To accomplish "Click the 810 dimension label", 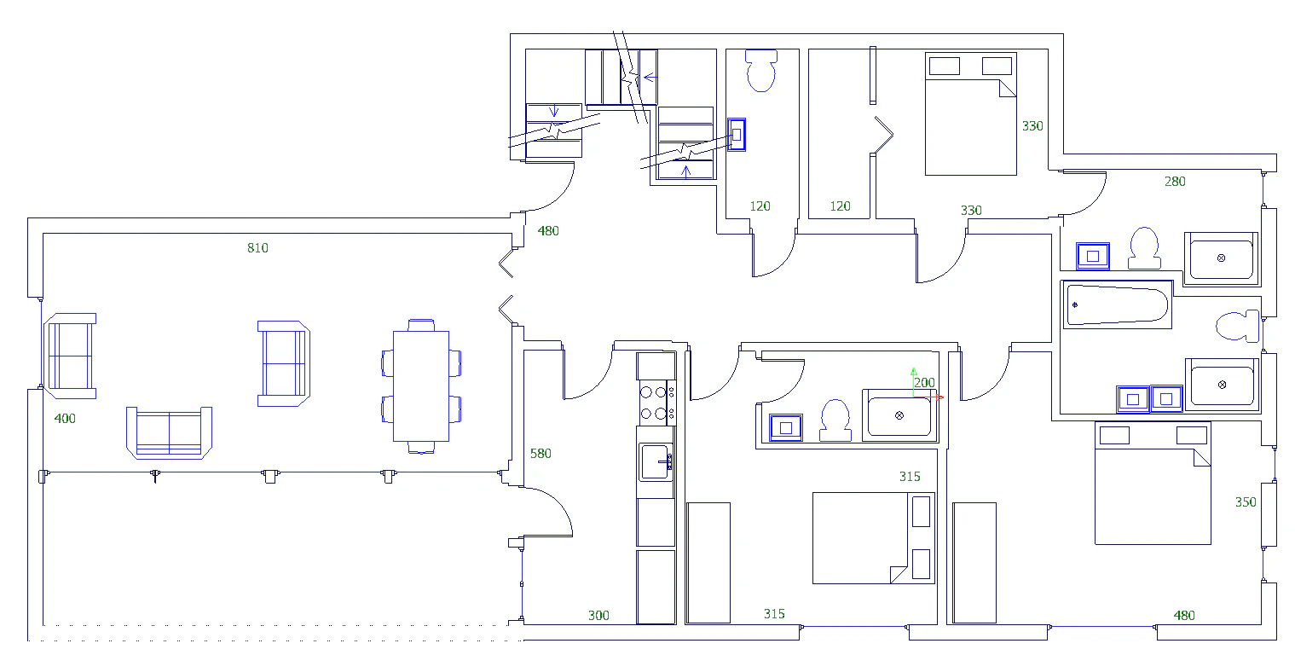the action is point(257,248).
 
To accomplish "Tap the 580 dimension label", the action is point(541,454).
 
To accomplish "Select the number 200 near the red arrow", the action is point(924,383).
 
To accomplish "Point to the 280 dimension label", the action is point(1175,182).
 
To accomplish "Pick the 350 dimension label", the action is point(1246,502).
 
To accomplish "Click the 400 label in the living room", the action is point(65,419).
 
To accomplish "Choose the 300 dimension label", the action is point(598,616).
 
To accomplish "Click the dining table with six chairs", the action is point(421,386).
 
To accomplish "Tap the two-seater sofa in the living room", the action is point(170,433).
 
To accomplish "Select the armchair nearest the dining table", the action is point(283,363).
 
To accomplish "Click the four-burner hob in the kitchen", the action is point(656,403).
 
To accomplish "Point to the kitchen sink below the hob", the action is point(656,462).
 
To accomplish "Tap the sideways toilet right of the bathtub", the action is point(1238,326).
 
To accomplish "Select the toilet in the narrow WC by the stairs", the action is point(760,71).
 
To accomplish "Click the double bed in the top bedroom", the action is point(971,114).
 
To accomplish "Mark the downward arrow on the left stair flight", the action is point(554,110).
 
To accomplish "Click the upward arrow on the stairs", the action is point(685,172).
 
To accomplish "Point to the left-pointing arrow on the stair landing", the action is point(650,77).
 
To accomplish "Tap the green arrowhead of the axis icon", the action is point(913,370).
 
